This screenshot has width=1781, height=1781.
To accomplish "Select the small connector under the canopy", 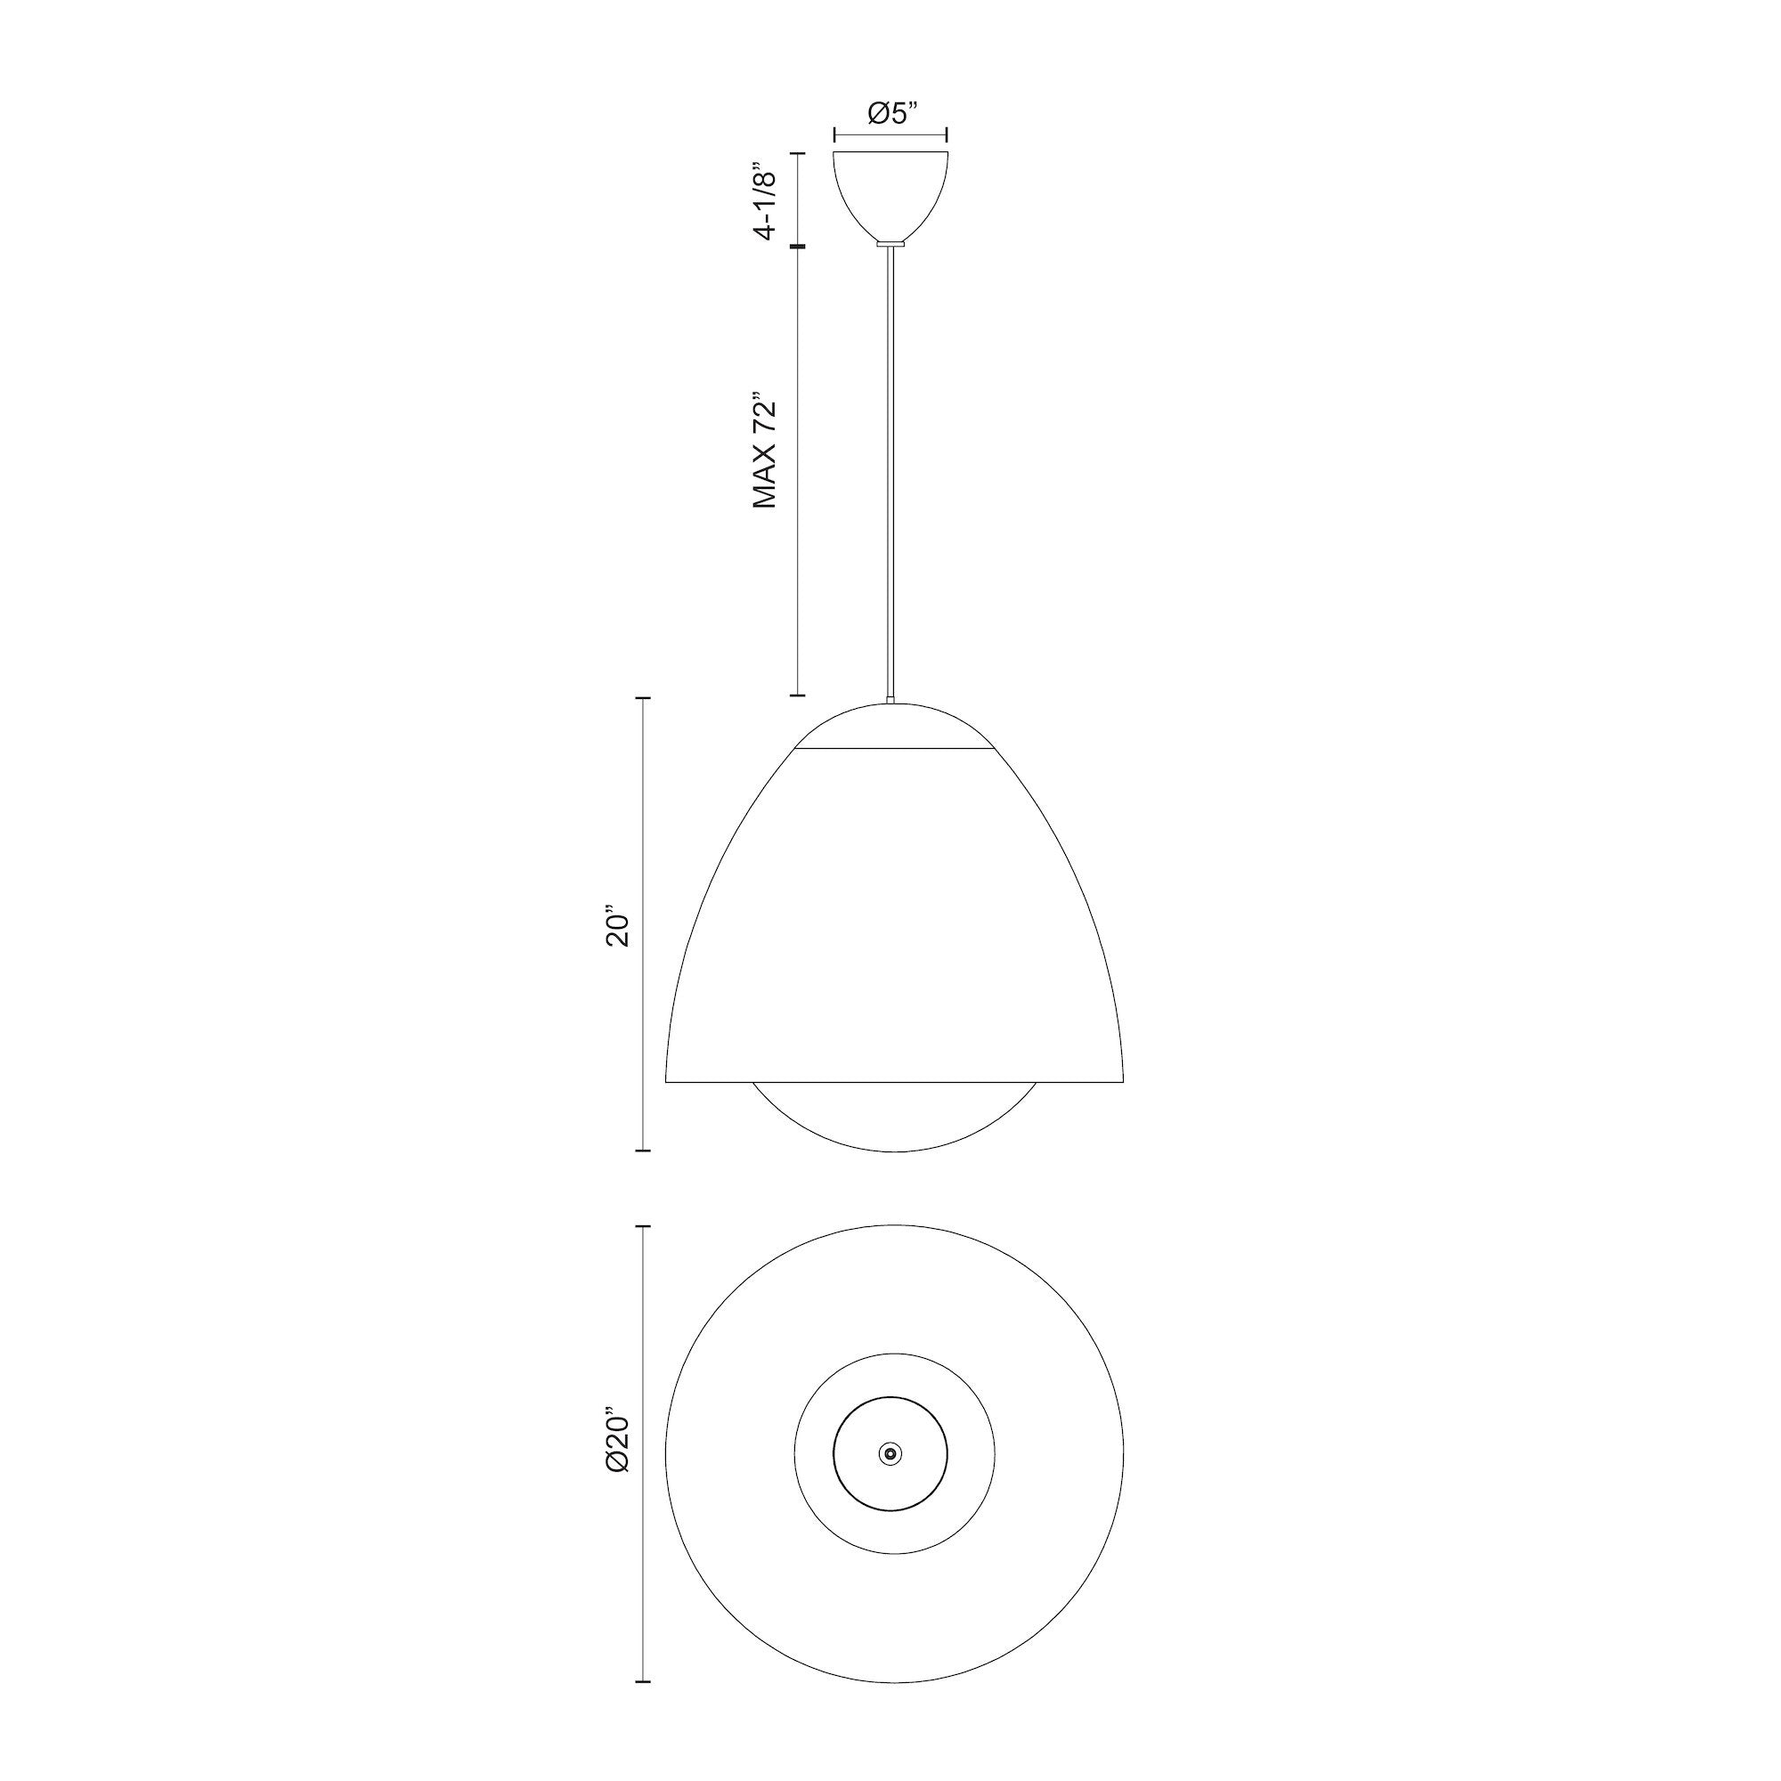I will [x=890, y=243].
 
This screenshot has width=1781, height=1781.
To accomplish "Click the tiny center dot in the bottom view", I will [x=890, y=1454].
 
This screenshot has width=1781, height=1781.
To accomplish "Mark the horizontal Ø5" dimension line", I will [x=890, y=135].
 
